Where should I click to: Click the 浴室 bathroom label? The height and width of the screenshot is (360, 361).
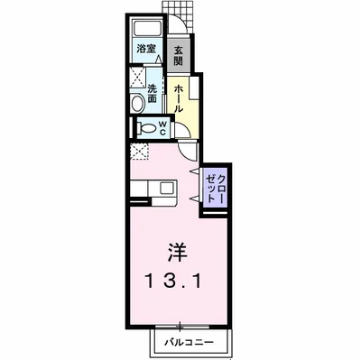[x=144, y=47]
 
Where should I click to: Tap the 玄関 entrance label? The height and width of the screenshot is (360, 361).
[x=179, y=56]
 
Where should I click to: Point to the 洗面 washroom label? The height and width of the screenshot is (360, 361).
[x=153, y=93]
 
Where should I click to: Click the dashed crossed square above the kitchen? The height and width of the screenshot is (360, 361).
[x=141, y=152]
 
